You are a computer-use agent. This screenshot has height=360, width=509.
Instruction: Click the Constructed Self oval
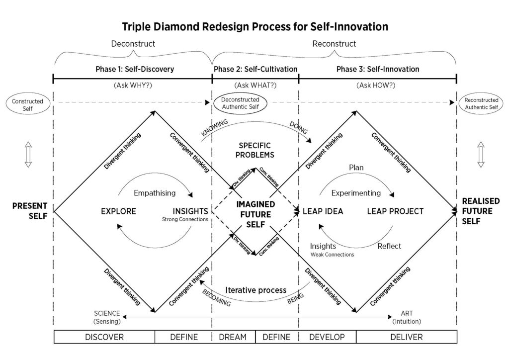(x=28, y=104)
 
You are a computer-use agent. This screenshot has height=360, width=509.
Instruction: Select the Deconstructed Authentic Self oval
(x=240, y=103)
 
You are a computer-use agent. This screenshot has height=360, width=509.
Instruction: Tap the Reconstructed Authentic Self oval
(x=481, y=103)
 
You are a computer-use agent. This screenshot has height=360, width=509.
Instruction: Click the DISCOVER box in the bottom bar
(x=104, y=337)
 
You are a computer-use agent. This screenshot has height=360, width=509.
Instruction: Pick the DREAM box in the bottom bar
(x=233, y=337)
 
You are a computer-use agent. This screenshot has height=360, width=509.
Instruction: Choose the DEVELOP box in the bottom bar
(x=327, y=337)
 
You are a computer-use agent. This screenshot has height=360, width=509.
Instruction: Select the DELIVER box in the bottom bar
(x=407, y=337)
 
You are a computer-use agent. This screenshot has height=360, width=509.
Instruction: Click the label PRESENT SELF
(x=30, y=211)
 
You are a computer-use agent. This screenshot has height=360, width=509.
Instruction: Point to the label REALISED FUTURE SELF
(x=481, y=211)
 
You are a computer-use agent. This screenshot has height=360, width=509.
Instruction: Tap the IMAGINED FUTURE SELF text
(x=255, y=214)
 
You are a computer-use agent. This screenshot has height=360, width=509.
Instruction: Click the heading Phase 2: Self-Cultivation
(x=255, y=69)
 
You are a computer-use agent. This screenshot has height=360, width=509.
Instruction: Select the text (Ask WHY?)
(x=133, y=86)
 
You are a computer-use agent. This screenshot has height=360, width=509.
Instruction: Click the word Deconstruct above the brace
(x=133, y=43)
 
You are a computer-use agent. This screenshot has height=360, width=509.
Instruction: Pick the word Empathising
(x=155, y=193)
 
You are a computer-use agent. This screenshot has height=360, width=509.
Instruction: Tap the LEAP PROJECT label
(x=395, y=211)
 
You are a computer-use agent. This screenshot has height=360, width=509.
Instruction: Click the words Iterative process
(x=256, y=290)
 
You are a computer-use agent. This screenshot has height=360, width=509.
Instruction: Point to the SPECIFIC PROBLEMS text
(x=255, y=150)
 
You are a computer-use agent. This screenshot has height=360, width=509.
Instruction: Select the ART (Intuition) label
(x=407, y=317)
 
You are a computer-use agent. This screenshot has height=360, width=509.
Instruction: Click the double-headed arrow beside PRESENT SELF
(x=28, y=155)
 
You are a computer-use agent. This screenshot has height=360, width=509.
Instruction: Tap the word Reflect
(x=389, y=246)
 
